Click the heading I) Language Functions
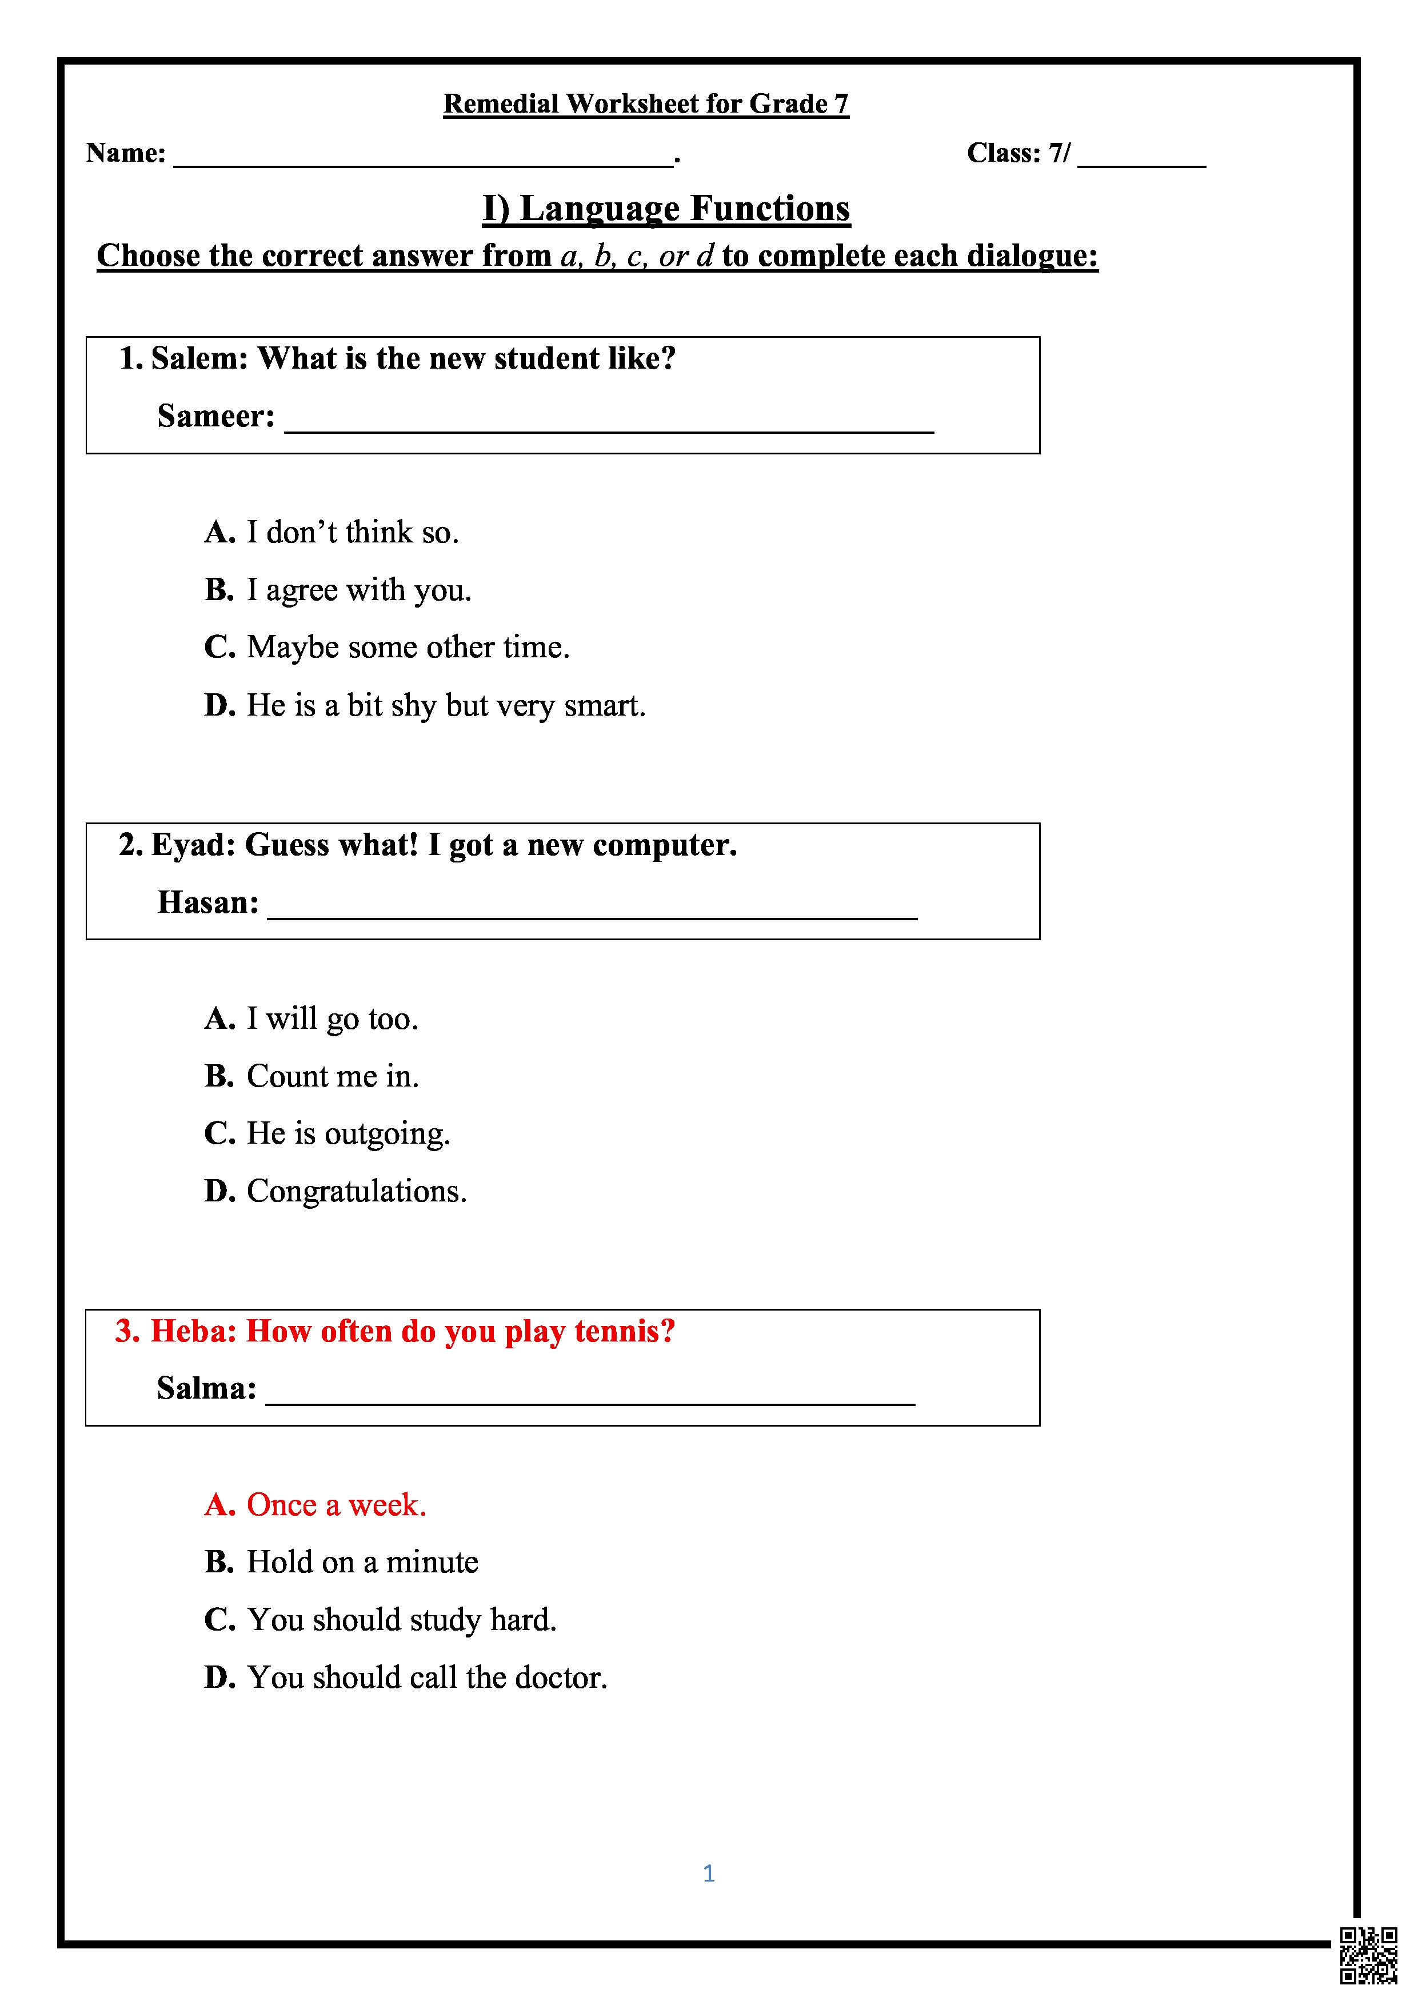pos(666,209)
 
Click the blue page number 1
pos(708,1873)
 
